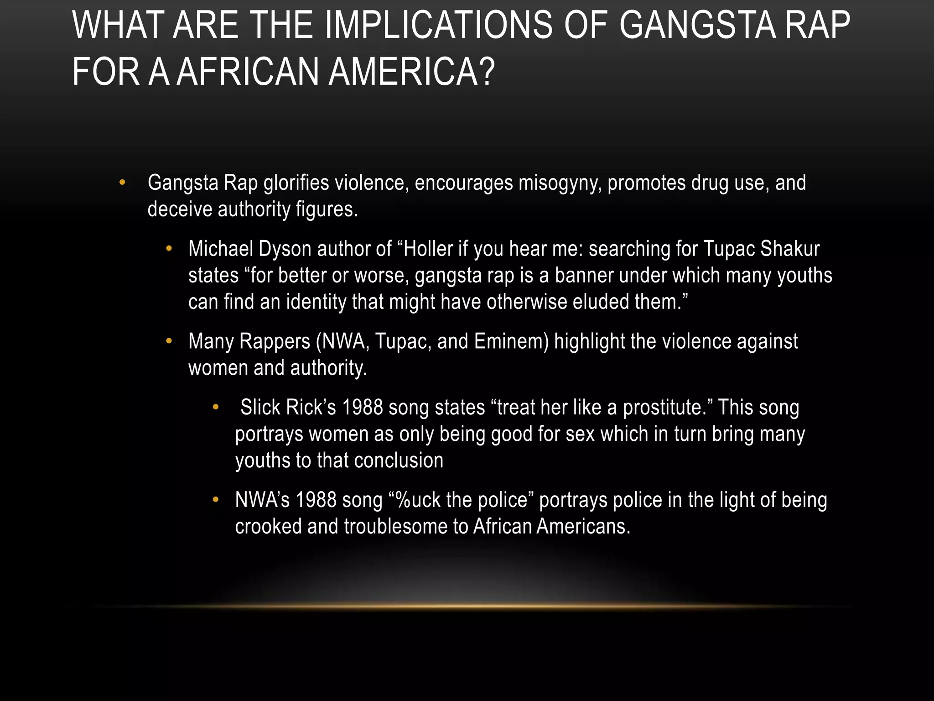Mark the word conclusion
point(398,460)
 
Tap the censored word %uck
point(417,500)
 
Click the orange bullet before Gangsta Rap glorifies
point(122,183)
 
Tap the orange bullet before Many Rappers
point(169,341)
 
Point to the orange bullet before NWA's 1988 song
point(216,499)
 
